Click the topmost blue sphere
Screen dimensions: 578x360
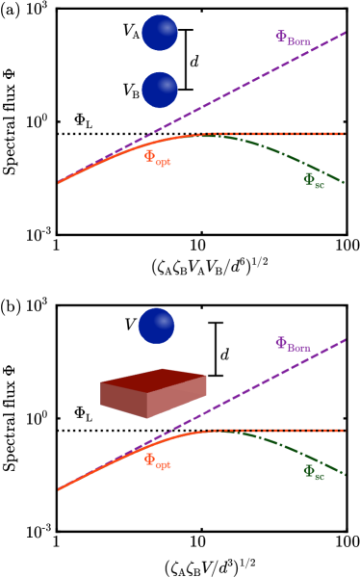tap(160, 33)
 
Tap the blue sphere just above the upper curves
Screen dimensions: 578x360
tap(160, 90)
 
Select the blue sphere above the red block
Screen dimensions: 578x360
tap(156, 326)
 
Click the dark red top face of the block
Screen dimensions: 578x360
tap(154, 380)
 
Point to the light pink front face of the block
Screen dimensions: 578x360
tap(176, 397)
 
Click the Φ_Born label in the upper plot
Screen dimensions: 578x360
tap(293, 39)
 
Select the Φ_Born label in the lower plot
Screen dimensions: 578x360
tap(293, 345)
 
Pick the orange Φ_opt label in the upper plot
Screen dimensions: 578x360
tap(157, 158)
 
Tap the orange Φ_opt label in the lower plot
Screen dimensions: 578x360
tap(157, 461)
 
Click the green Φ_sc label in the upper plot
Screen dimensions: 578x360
tap(314, 180)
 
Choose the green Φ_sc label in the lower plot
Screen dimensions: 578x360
tap(314, 472)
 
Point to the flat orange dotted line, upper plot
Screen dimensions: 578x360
tap(289, 134)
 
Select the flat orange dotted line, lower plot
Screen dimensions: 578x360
tap(289, 431)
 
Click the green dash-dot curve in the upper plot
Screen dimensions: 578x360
tap(289, 157)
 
